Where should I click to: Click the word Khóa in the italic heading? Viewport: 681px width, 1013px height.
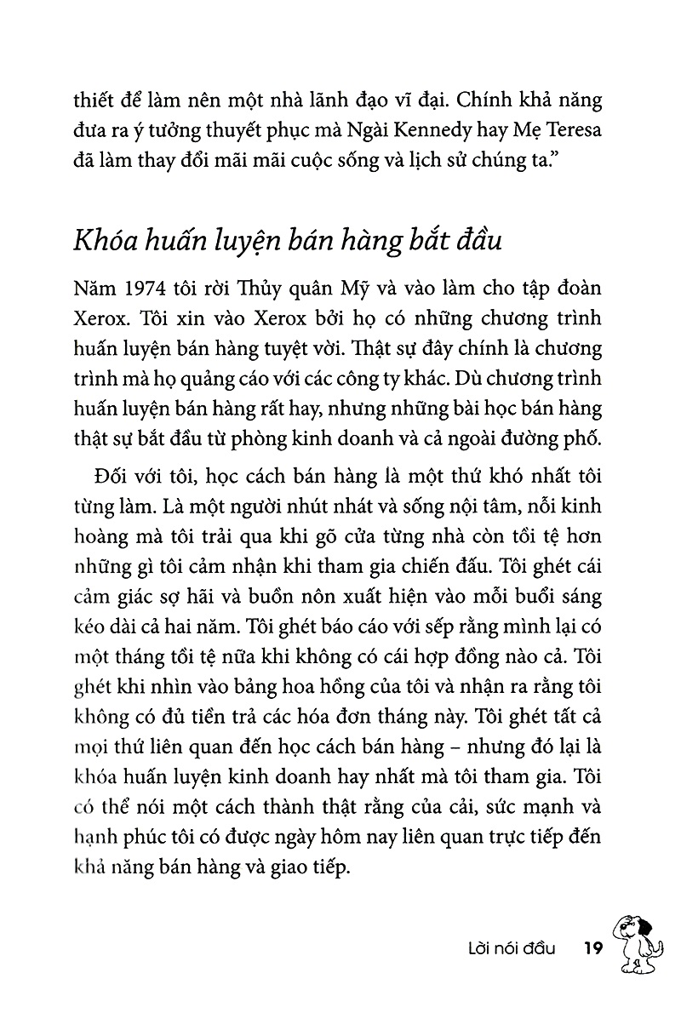point(107,241)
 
